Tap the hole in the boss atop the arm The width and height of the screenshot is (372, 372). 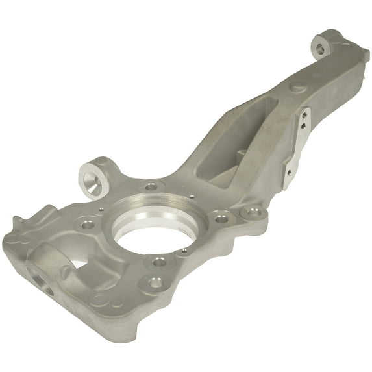319,47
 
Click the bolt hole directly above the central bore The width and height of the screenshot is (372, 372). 151,186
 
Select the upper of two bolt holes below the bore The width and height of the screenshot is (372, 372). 159,262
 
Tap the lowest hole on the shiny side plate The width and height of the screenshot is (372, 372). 286,172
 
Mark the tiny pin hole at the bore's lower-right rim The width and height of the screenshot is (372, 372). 184,251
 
